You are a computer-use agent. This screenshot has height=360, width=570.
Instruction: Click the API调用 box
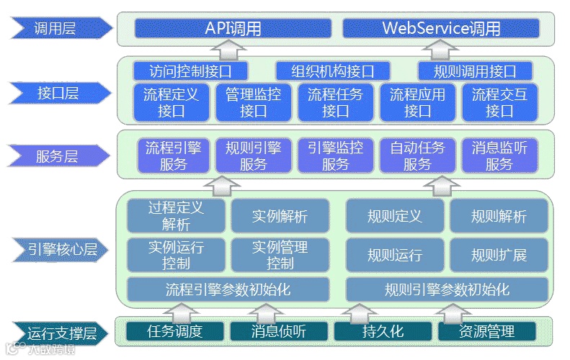[x=233, y=28]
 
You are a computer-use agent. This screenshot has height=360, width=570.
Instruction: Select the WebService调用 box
[x=441, y=28]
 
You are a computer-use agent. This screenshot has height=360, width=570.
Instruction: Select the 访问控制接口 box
[x=190, y=71]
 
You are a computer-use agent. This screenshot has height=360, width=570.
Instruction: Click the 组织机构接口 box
[x=333, y=71]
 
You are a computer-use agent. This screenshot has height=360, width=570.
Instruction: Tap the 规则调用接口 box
[x=475, y=71]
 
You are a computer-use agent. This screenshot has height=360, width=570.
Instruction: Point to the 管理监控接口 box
[x=254, y=102]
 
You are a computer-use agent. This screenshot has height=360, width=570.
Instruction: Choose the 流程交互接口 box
[x=500, y=102]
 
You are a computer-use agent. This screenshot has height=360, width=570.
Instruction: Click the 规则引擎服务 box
[x=254, y=156]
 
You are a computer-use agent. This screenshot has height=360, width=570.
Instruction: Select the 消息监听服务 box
[x=500, y=156]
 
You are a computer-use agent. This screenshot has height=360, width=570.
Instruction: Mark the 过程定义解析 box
[x=176, y=215]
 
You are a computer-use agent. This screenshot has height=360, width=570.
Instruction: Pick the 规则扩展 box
[x=499, y=255]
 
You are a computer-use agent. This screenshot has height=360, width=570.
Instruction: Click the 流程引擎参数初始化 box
[x=228, y=289]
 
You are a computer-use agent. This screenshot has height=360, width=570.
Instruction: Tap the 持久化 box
[x=383, y=332]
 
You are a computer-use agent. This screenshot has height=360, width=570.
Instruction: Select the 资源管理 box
[x=487, y=332]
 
